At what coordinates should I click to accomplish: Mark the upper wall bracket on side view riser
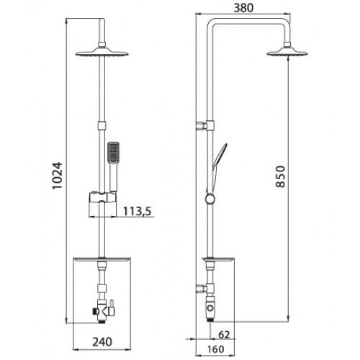tap(204, 128)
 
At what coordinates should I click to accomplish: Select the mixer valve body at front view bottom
tap(104, 310)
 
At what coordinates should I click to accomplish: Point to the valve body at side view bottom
tap(210, 308)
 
